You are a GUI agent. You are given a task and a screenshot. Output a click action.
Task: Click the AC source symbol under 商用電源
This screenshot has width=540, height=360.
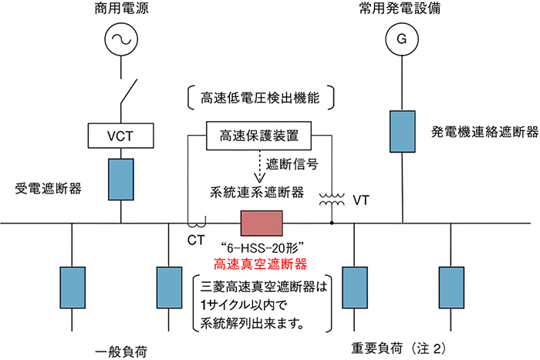pos(121,37)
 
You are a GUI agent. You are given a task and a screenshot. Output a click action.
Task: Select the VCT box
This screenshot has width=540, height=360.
pos(121,136)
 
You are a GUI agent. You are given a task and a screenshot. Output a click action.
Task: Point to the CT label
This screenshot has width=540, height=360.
pos(197,240)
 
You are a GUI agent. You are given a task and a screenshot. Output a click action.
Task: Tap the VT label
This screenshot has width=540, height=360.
pos(359,200)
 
